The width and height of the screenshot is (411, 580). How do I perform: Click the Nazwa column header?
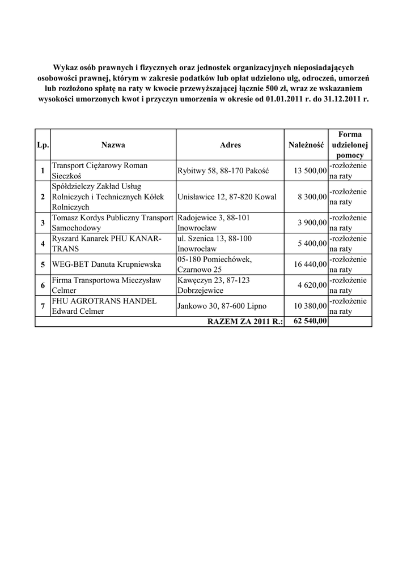point(113,145)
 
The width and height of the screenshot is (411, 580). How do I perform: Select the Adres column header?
point(230,145)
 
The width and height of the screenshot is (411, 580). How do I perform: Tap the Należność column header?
point(306,145)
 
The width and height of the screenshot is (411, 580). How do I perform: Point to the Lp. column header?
point(43,145)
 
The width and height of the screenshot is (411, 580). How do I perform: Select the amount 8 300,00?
point(312,197)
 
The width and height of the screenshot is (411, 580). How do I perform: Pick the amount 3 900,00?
point(312,223)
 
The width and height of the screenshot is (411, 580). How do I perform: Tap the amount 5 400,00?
point(312,244)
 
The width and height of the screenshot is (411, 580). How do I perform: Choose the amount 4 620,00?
point(312,285)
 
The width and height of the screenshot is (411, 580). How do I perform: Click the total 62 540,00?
point(310,322)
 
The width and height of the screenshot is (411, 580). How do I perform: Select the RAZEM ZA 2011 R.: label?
point(245,322)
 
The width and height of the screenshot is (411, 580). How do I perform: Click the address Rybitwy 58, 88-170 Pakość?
point(223,170)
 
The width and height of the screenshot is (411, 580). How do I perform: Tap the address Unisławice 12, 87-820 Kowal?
point(227,197)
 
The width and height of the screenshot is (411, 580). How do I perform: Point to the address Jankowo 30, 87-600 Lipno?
point(222,306)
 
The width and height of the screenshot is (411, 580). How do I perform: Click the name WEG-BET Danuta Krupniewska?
point(106,265)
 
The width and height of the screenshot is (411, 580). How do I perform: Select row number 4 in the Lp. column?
point(43,244)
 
